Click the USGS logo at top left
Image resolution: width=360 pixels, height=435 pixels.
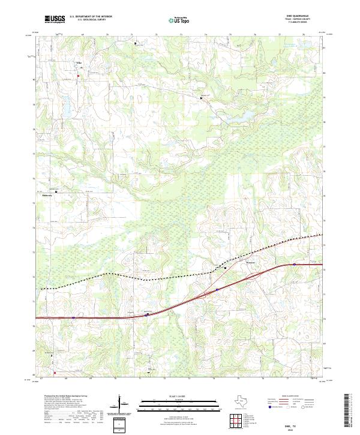(x=55, y=19)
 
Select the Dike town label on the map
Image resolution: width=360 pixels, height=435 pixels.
(x=77, y=62)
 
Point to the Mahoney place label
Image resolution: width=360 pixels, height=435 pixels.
(x=47, y=195)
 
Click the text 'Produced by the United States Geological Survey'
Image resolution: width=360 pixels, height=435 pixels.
(x=67, y=396)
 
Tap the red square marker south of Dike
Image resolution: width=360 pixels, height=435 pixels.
(x=77, y=75)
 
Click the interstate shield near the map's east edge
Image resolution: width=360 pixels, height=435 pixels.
(x=295, y=264)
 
